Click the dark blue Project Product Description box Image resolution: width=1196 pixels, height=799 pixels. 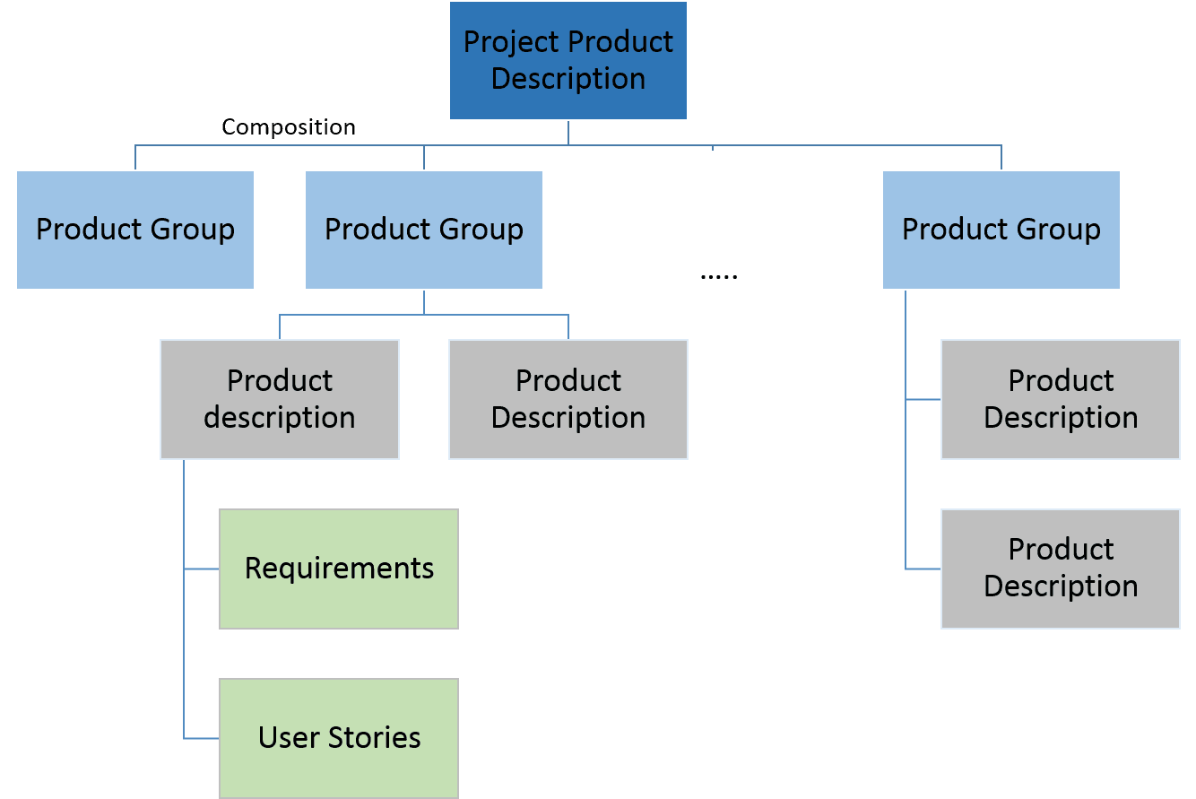(x=568, y=60)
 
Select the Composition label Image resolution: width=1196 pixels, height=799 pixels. (x=289, y=127)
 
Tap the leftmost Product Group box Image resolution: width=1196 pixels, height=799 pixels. (x=135, y=230)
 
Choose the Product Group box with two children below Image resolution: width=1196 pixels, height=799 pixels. (x=424, y=230)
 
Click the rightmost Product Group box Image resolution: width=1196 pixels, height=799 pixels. (x=1001, y=230)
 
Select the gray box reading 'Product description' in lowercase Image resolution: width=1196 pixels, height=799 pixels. (x=280, y=399)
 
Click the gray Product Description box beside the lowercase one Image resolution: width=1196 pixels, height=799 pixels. (x=568, y=399)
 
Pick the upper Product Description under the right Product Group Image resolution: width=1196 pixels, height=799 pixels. (x=1060, y=399)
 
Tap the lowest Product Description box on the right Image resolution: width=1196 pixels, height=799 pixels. (x=1060, y=568)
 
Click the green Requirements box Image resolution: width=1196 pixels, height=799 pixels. (x=339, y=569)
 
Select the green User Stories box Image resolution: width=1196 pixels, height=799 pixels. (x=339, y=737)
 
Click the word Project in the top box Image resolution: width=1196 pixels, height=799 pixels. (x=514, y=42)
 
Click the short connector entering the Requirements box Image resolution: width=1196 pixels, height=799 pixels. (x=202, y=569)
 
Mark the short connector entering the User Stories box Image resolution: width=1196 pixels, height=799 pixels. (x=202, y=738)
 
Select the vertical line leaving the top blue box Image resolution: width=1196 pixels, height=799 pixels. (x=568, y=132)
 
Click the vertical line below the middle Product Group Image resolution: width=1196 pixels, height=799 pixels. (x=424, y=302)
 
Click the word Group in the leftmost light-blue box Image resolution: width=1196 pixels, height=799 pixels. (x=193, y=230)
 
